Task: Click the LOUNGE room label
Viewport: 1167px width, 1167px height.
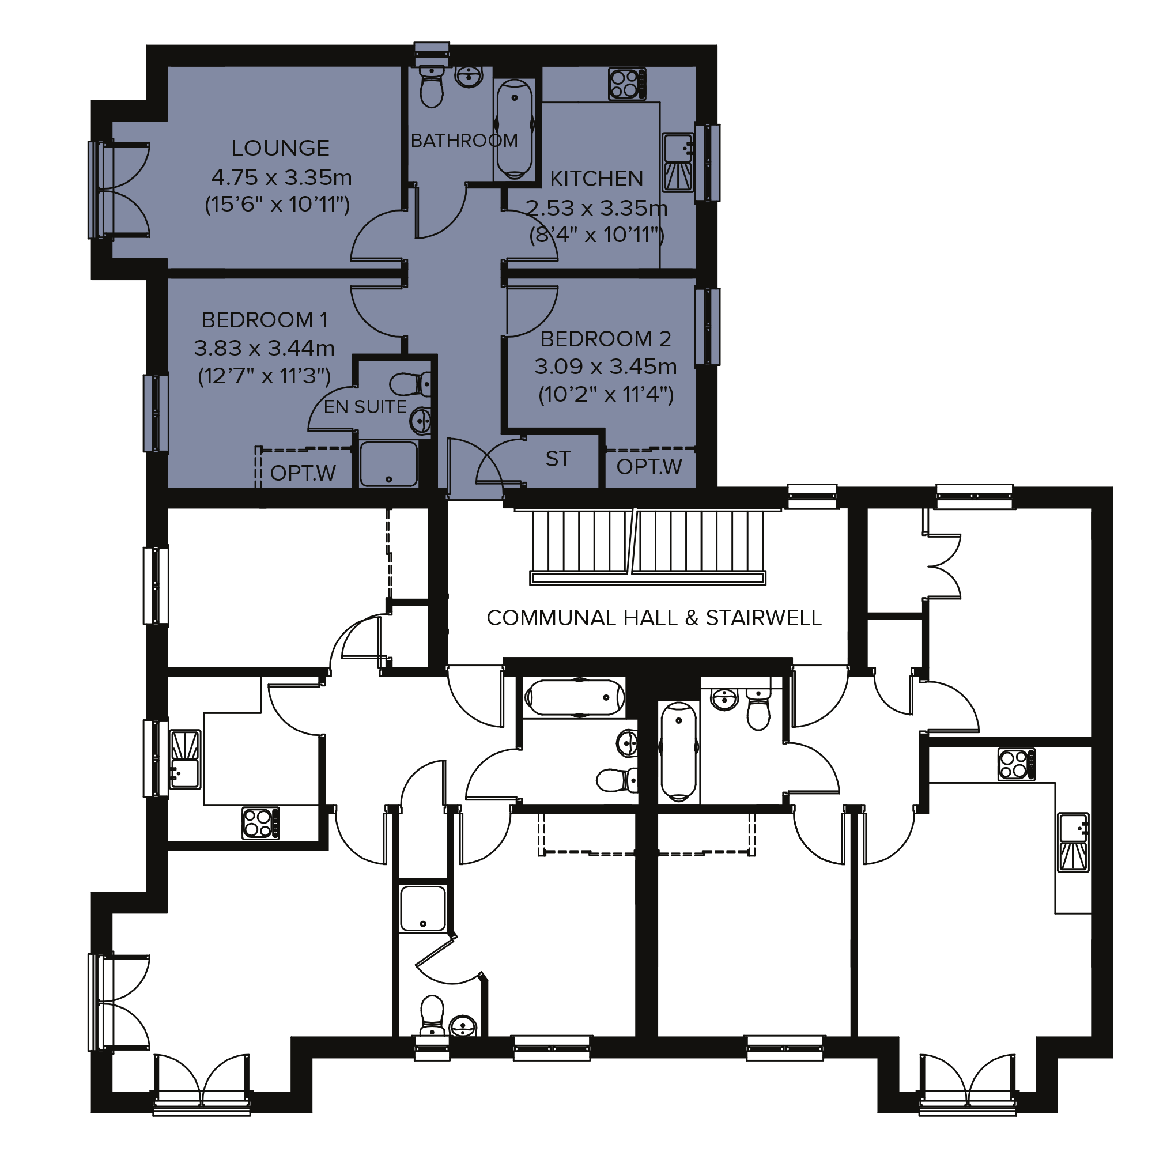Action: (x=280, y=148)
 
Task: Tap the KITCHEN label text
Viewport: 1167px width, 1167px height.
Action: (x=596, y=179)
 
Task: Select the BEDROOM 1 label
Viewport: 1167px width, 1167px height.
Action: (x=264, y=319)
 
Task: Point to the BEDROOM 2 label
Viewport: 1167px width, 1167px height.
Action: (x=605, y=339)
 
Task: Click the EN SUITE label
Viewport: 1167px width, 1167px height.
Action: (x=365, y=407)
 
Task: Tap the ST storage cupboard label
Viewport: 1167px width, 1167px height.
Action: (x=557, y=459)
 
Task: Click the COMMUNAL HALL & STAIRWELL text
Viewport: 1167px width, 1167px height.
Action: (x=654, y=618)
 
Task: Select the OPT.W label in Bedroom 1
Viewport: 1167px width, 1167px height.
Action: (x=303, y=473)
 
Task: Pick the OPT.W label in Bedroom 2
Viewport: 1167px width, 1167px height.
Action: (x=649, y=467)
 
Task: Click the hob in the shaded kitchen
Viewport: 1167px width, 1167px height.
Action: (x=627, y=84)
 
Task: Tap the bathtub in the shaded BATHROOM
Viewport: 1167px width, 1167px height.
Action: (x=514, y=129)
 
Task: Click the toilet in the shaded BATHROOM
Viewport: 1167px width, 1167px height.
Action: (x=431, y=86)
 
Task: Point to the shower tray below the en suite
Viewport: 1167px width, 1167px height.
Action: (x=388, y=464)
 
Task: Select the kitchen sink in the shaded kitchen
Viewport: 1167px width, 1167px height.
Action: (x=678, y=162)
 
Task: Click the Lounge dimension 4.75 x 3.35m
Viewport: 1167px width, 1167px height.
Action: (x=281, y=177)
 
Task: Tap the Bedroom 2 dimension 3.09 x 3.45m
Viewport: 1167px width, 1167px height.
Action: (x=605, y=367)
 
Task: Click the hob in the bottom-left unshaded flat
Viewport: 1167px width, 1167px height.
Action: (x=261, y=823)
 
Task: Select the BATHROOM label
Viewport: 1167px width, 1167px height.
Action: (x=464, y=141)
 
